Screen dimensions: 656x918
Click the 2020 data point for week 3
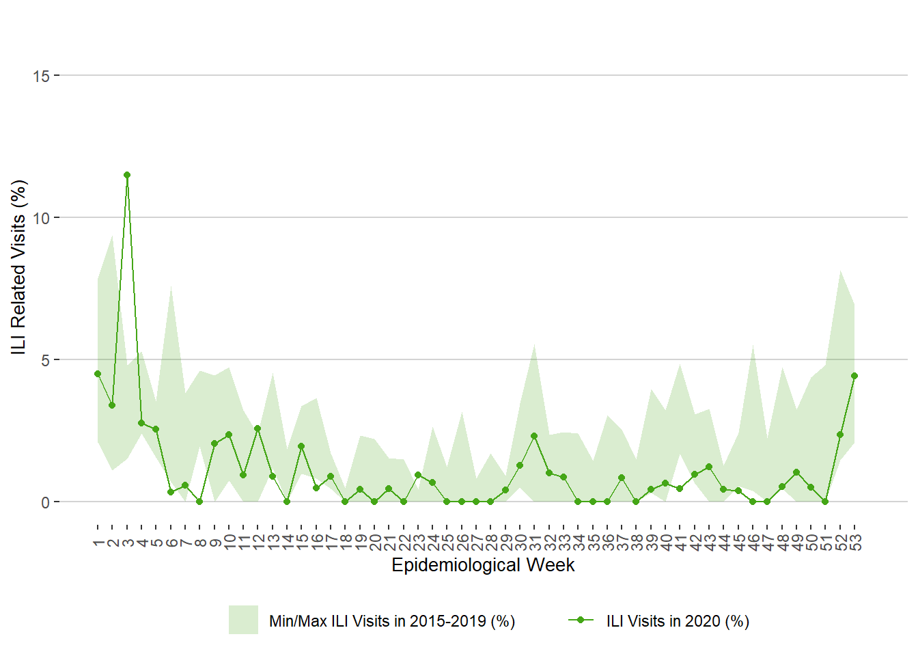127,175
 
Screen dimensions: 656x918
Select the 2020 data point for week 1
98,374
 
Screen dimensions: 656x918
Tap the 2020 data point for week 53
854,376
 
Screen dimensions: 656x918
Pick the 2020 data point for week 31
534,436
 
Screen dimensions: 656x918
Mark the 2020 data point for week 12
258,428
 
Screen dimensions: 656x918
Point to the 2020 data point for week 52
840,435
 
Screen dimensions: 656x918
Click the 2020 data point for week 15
301,446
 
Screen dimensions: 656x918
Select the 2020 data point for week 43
709,467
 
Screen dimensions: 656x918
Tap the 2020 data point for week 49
796,472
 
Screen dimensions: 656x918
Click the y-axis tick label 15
41,76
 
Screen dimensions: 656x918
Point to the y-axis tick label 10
41,218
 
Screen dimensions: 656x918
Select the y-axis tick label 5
45,360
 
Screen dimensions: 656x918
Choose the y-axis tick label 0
45,502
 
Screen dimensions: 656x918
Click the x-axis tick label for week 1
98,543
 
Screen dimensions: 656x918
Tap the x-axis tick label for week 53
855,543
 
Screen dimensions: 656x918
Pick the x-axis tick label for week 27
477,543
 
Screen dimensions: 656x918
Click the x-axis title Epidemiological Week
483,565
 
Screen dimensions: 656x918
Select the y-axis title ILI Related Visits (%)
18,267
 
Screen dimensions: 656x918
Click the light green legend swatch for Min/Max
243,620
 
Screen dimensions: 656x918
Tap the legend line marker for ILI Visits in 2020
581,620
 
